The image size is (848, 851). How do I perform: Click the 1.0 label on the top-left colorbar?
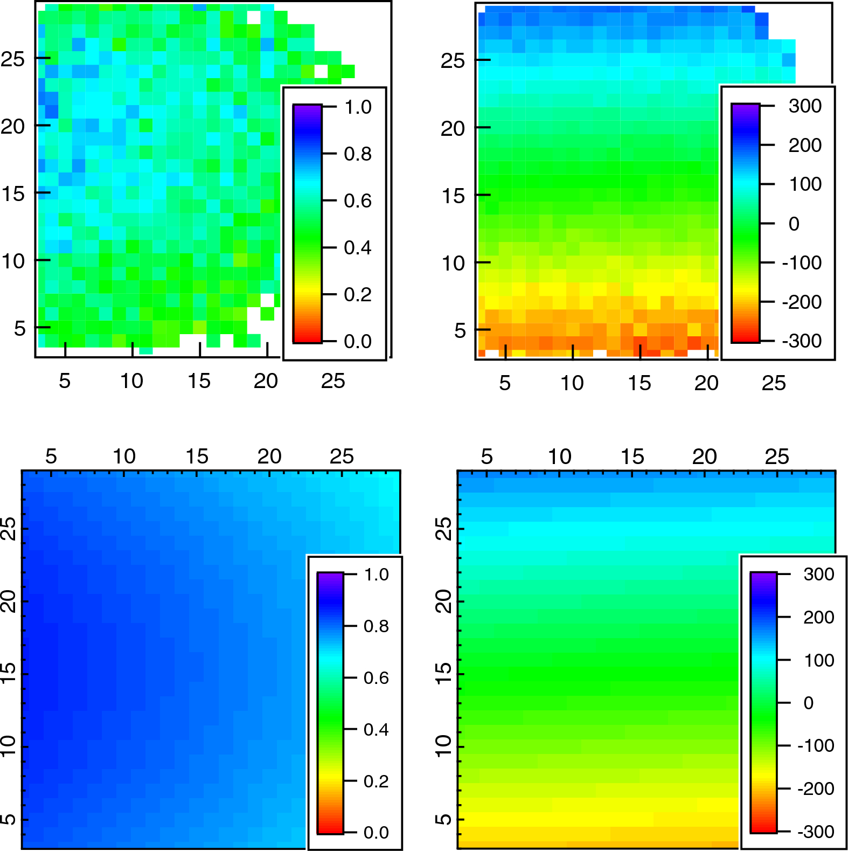pyautogui.click(x=358, y=107)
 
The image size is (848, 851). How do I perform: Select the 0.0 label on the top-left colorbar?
pyautogui.click(x=358, y=341)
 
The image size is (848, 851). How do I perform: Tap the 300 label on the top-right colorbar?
pyautogui.click(x=805, y=106)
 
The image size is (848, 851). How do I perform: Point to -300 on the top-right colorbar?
pyautogui.click(x=802, y=341)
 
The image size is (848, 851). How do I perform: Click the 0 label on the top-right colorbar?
pyautogui.click(x=794, y=224)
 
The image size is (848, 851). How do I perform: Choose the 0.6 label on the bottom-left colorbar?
pyautogui.click(x=376, y=677)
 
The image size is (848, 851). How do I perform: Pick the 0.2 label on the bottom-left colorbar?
pyautogui.click(x=376, y=781)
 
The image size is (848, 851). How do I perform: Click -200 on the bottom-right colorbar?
pyautogui.click(x=816, y=788)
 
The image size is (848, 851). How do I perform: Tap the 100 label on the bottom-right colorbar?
pyautogui.click(x=819, y=660)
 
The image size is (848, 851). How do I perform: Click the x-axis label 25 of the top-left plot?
pyautogui.click(x=333, y=381)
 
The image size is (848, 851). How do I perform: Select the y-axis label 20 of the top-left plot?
pyautogui.click(x=13, y=127)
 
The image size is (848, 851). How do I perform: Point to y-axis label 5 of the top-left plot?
pyautogui.click(x=20, y=328)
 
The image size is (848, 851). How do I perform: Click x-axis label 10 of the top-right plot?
pyautogui.click(x=572, y=383)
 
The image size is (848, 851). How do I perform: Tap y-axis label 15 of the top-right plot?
pyautogui.click(x=453, y=196)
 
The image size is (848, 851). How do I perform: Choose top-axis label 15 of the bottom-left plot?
pyautogui.click(x=197, y=456)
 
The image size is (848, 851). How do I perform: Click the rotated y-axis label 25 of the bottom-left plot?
pyautogui.click(x=9, y=529)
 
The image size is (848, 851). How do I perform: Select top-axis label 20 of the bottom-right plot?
pyautogui.click(x=704, y=456)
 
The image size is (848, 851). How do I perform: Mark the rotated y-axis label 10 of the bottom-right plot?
pyautogui.click(x=444, y=746)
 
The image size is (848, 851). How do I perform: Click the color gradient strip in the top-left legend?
pyautogui.click(x=307, y=224)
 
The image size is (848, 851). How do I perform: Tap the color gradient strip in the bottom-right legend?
pyautogui.click(x=763, y=702)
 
